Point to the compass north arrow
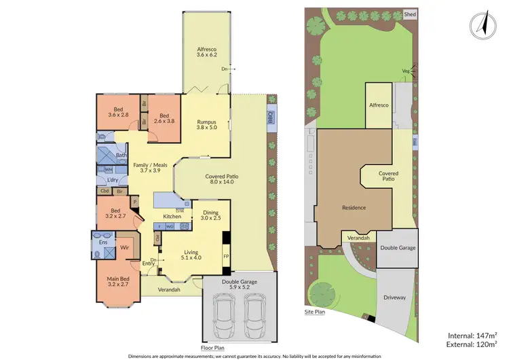(480, 24)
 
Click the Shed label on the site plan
(409, 14)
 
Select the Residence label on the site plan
(354, 208)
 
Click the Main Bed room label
(117, 280)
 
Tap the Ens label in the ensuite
(104, 241)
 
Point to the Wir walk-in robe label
(125, 248)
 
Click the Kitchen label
(171, 216)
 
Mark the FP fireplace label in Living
(226, 256)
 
